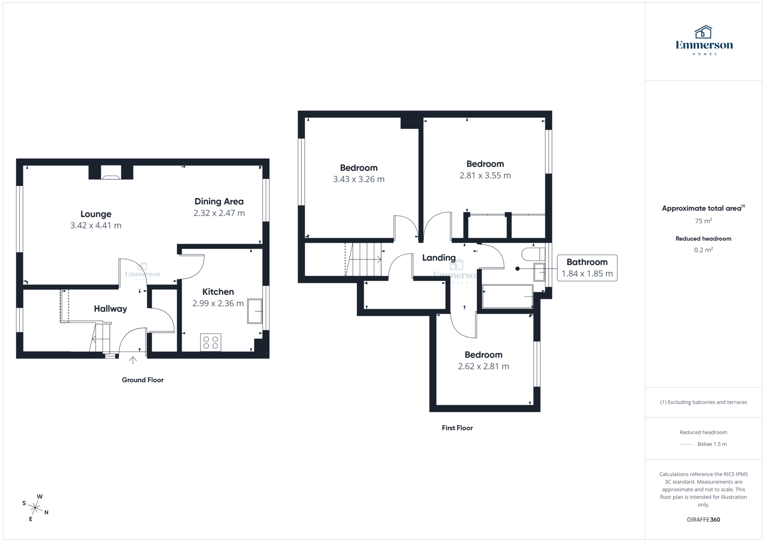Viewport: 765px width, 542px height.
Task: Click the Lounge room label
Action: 96,214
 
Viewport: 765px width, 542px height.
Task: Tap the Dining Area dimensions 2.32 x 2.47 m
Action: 219,213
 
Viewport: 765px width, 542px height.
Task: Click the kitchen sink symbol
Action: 255,311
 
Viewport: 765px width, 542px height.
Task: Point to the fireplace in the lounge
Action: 111,173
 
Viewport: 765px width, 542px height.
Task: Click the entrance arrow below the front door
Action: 133,360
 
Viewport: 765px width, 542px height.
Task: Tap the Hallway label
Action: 110,309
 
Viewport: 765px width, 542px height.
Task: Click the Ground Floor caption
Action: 143,380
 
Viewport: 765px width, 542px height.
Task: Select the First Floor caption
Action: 457,428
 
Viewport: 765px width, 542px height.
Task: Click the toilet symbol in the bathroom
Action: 532,254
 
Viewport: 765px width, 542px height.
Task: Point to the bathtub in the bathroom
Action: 507,297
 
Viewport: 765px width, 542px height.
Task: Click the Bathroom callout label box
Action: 587,268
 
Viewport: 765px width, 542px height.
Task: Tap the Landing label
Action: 439,258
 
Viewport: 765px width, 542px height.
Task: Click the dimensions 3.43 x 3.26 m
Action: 359,179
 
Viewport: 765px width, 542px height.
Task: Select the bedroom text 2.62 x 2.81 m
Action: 483,367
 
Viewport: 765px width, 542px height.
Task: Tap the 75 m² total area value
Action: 703,221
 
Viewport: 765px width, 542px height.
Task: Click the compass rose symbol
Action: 35,508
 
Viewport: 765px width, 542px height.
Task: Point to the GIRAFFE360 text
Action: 703,520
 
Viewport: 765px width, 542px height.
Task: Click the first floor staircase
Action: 363,259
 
